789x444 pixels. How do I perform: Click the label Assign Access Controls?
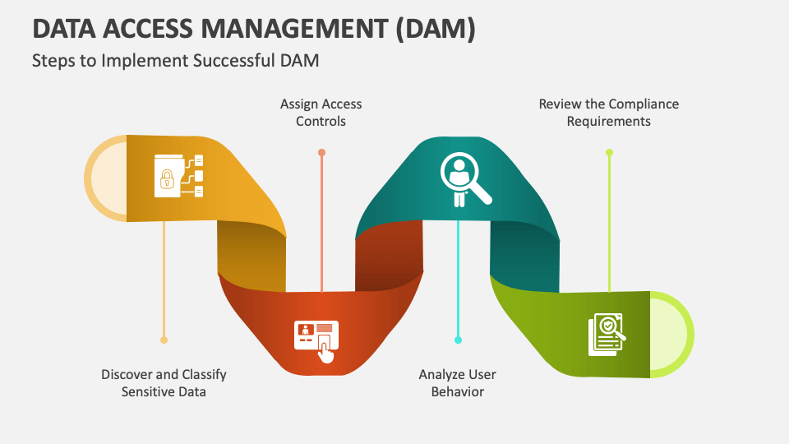coord(321,113)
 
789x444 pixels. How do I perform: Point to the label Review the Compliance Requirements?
coord(608,113)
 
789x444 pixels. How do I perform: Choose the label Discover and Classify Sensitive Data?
coord(164,383)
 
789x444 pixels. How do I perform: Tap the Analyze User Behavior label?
coord(457,383)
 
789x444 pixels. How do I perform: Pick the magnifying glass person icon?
coord(464,179)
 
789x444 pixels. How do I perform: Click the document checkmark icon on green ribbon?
coord(607,335)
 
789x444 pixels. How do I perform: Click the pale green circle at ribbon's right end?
coord(670,335)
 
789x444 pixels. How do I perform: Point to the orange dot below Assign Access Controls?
coord(321,152)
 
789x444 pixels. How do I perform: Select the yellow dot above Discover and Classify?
coord(164,340)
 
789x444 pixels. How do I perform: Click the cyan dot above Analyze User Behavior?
coord(458,340)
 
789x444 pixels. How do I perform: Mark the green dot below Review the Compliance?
coord(609,152)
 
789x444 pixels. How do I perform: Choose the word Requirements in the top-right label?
coord(608,122)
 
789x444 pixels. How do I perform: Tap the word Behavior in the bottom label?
coord(457,392)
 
